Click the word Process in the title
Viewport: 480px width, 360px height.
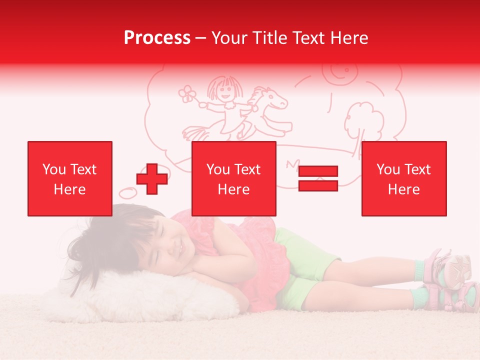[157, 38]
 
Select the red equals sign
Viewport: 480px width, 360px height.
[318, 178]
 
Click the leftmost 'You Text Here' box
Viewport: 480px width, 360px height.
[70, 178]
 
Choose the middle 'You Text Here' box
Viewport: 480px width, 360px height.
[234, 178]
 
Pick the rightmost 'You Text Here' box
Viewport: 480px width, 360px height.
[403, 178]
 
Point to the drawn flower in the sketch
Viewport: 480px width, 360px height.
[187, 93]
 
